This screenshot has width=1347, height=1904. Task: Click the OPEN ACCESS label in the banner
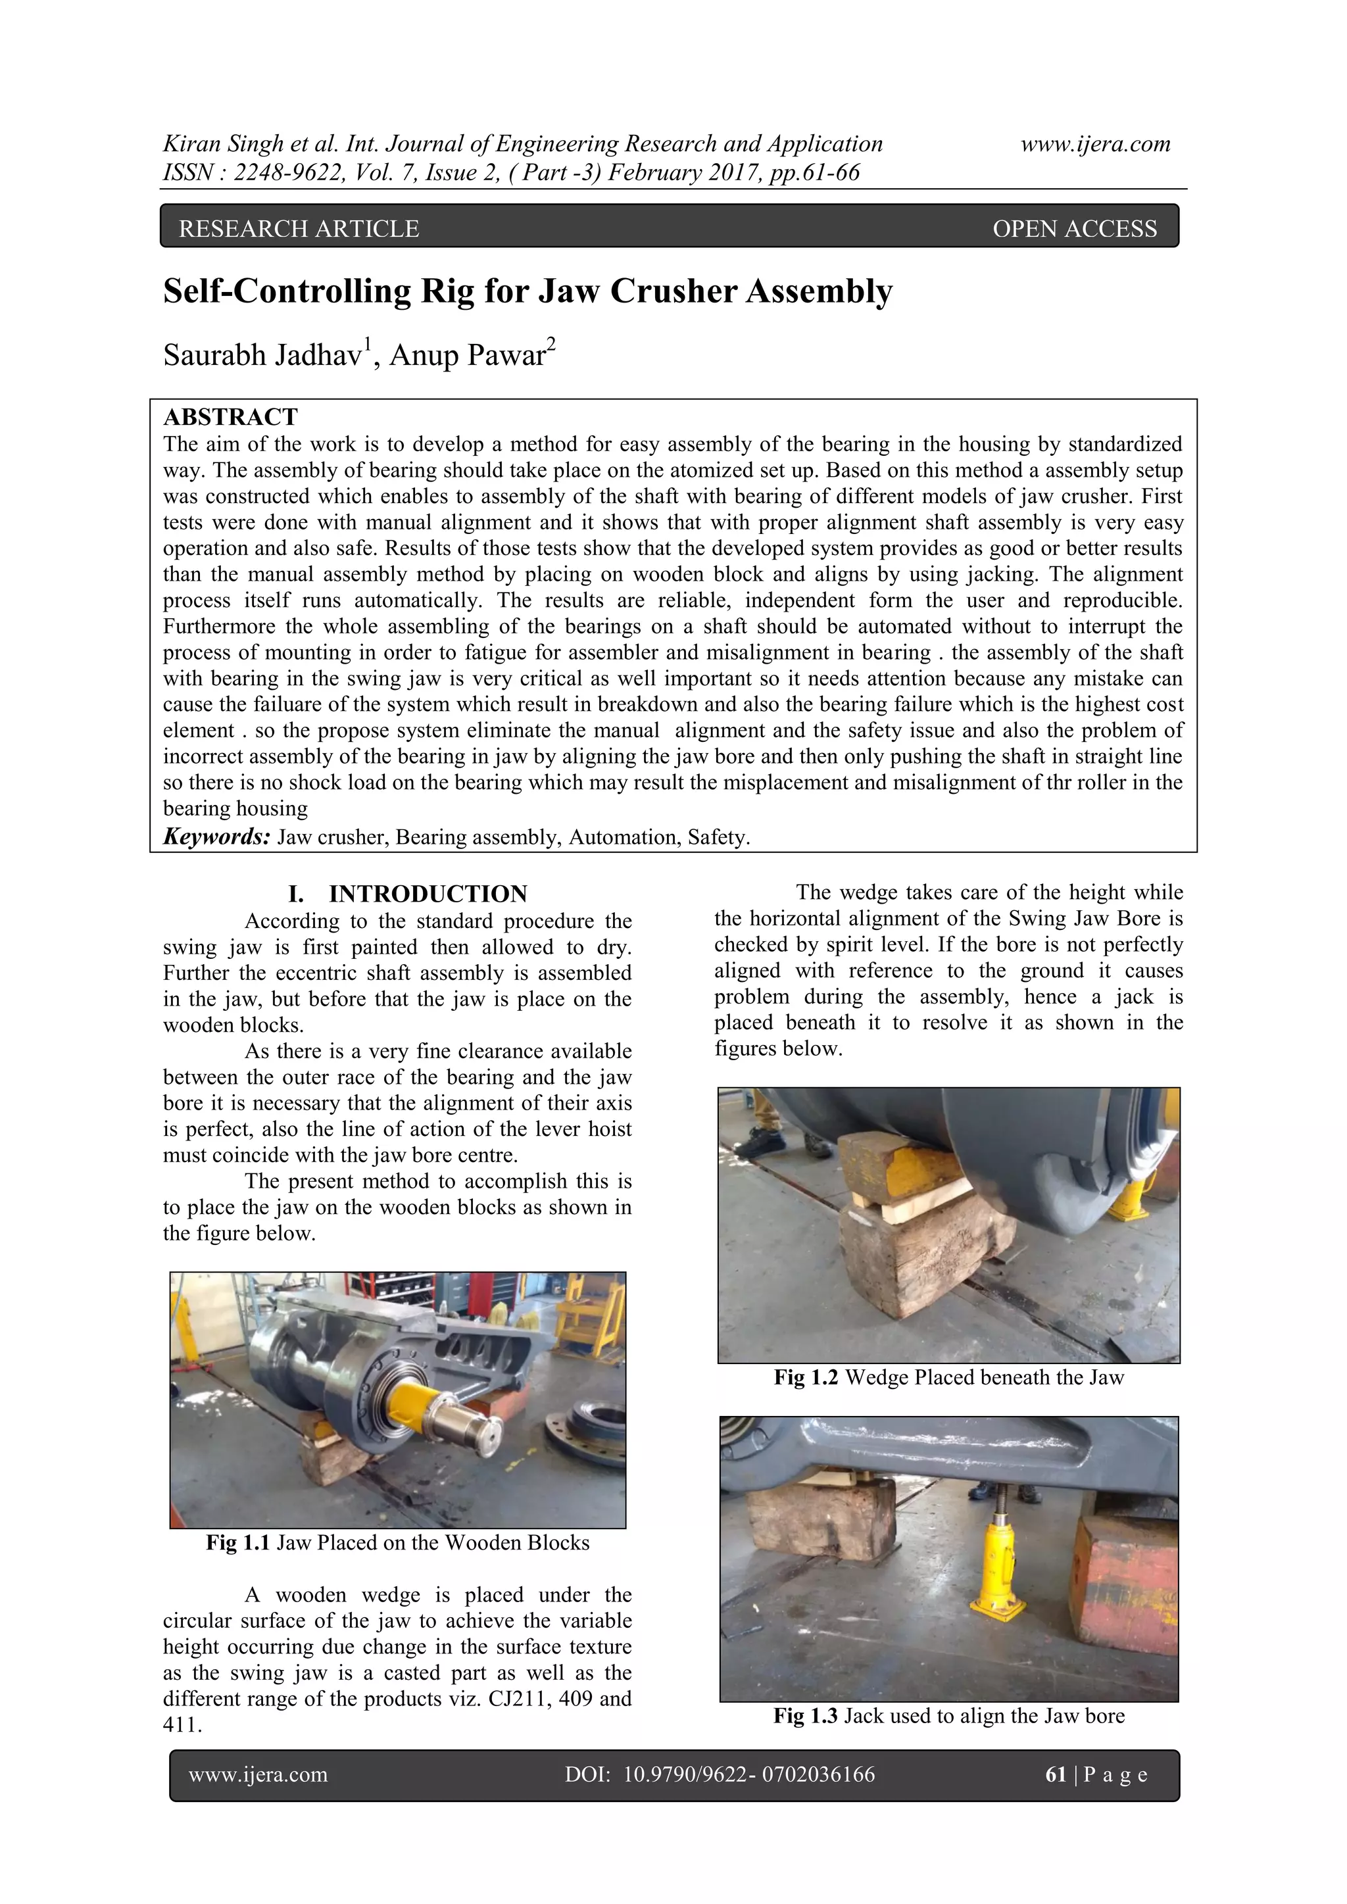1074,229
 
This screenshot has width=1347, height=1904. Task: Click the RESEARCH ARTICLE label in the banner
299,229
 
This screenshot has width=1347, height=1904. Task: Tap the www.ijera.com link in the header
1095,143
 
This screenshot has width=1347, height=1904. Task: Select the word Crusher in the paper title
670,291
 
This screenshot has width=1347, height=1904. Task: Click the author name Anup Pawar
467,355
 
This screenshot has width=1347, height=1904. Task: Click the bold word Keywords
216,837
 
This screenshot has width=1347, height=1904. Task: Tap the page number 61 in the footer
1055,1774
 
